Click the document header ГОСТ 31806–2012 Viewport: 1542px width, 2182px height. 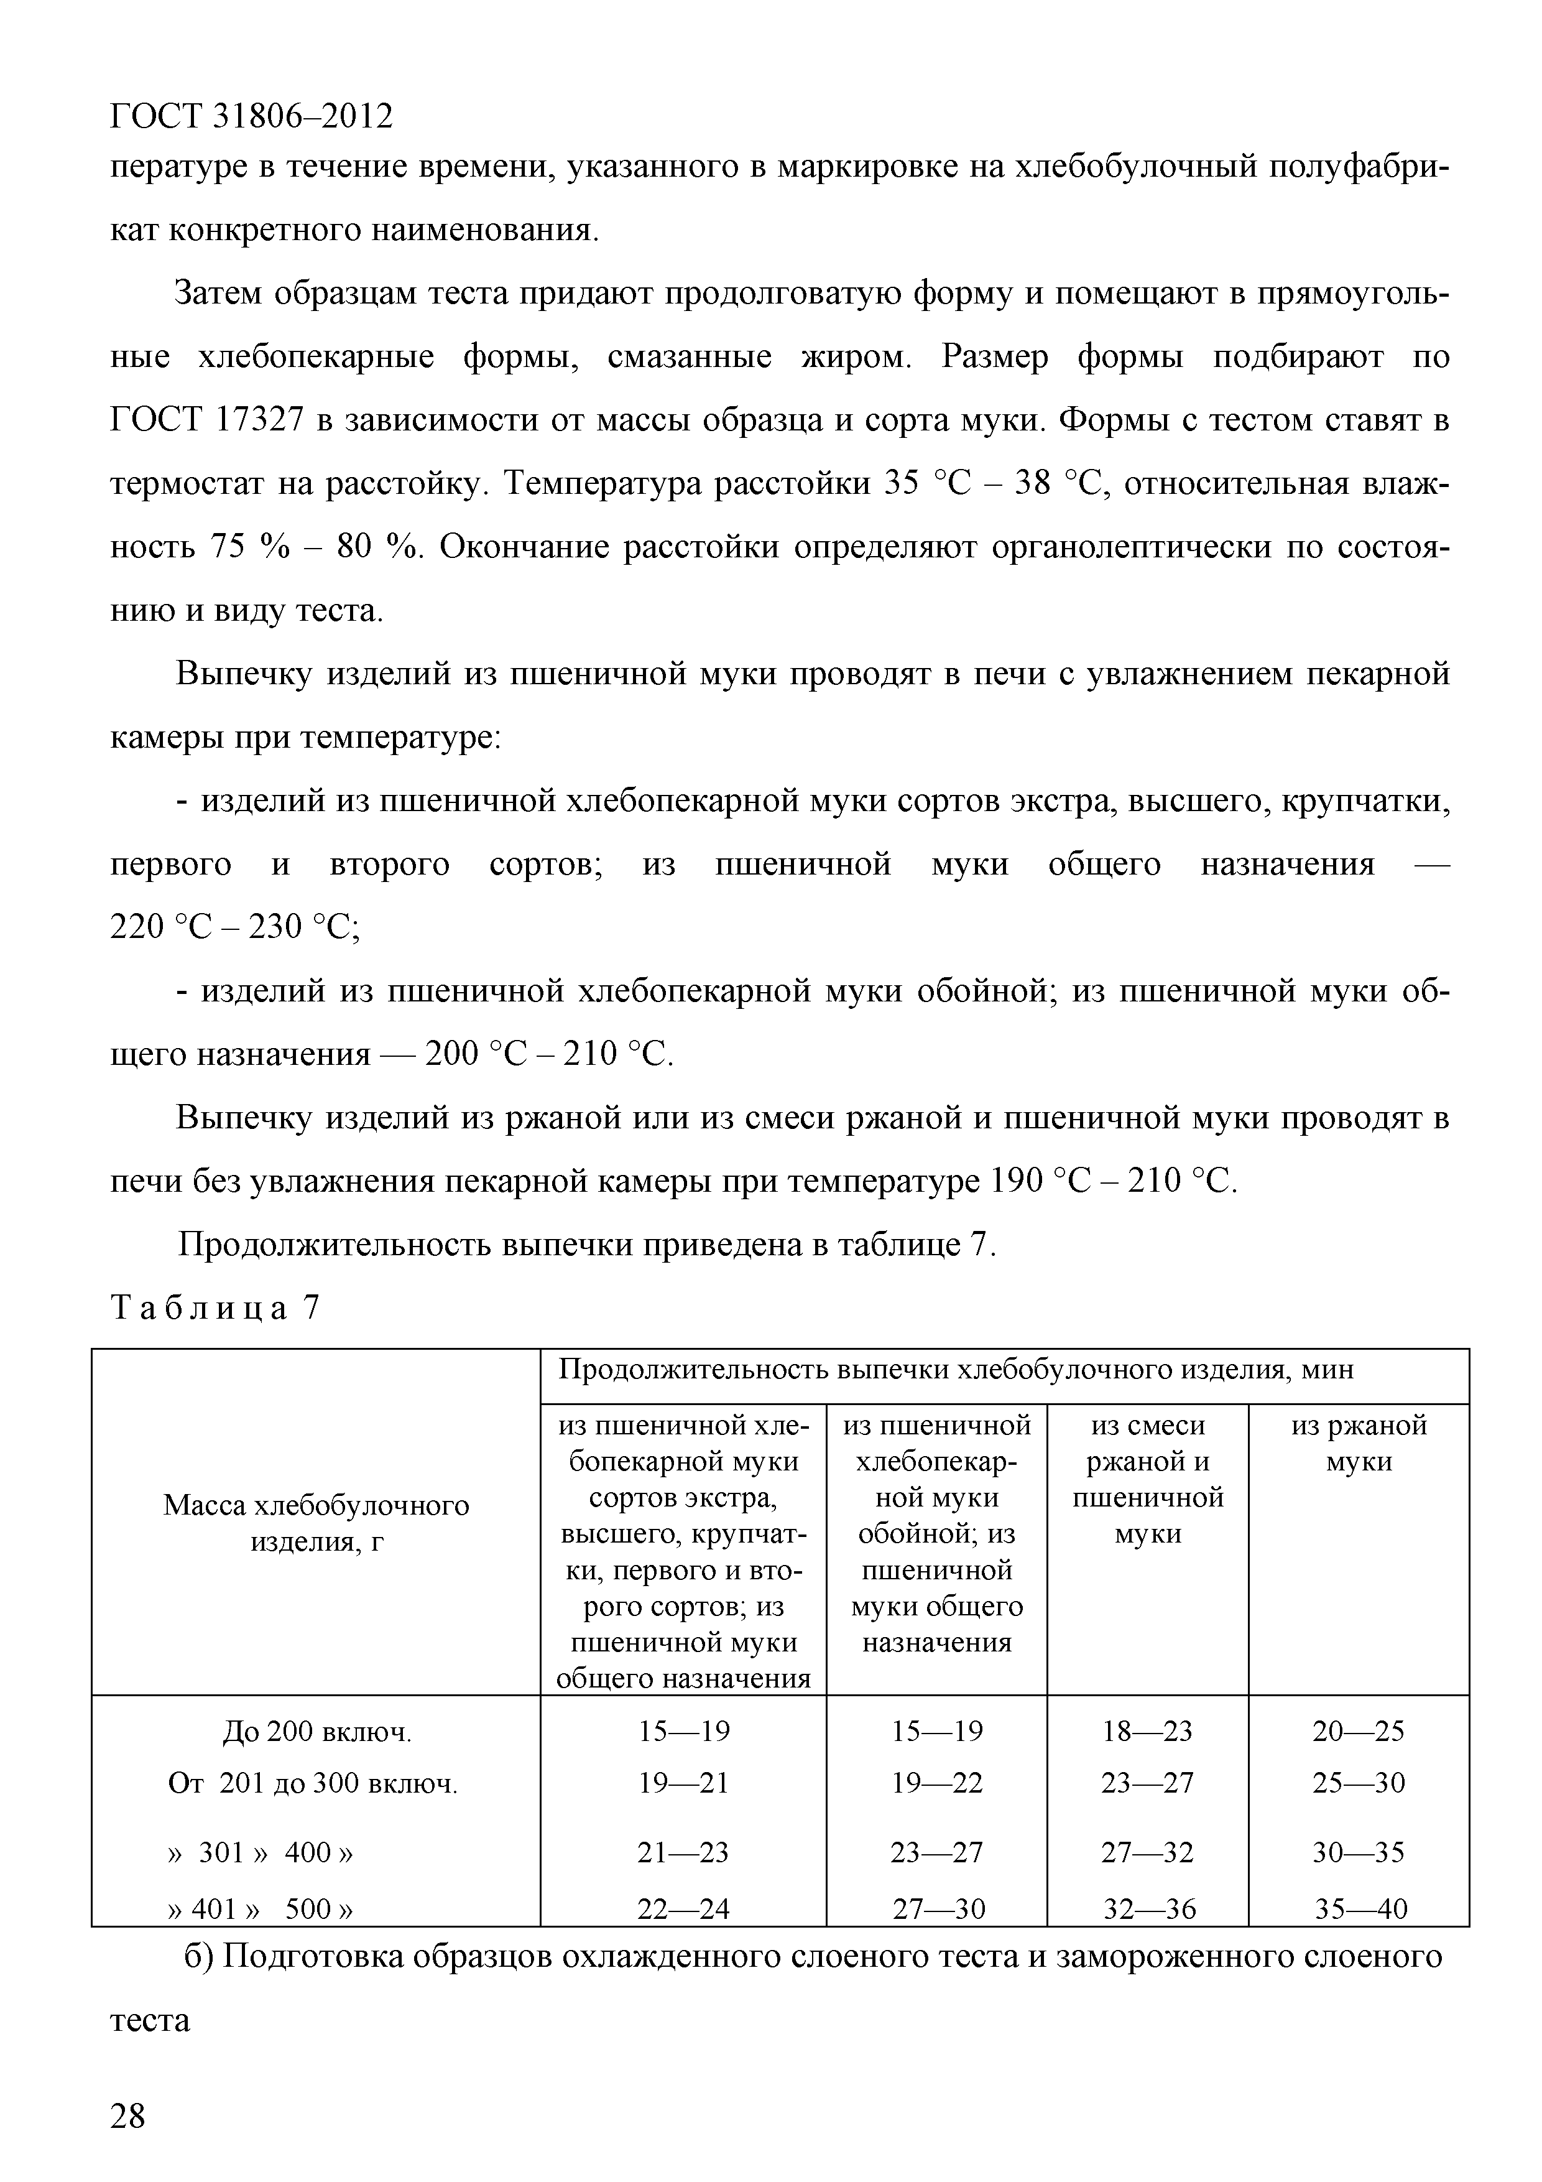pyautogui.click(x=252, y=116)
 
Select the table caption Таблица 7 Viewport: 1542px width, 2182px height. pyautogui.click(x=216, y=1309)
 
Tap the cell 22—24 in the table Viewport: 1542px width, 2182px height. pyautogui.click(x=683, y=1908)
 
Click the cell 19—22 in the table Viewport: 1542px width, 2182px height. pyautogui.click(x=937, y=1783)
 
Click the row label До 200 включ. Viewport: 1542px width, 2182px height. pyautogui.click(x=316, y=1732)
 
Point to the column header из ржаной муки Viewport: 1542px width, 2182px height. pyautogui.click(x=1359, y=1442)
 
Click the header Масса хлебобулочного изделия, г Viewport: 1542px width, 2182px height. pyautogui.click(x=316, y=1523)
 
